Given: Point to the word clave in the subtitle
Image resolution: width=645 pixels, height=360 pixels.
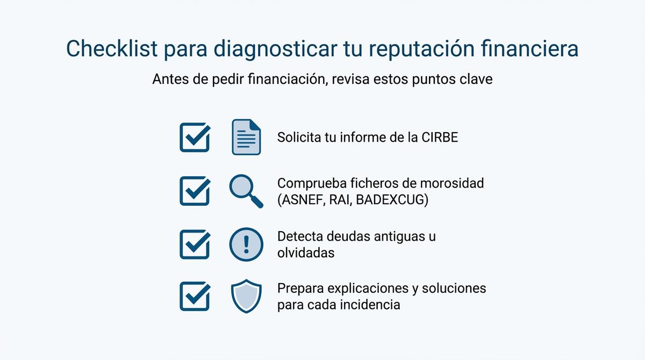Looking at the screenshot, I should (475, 79).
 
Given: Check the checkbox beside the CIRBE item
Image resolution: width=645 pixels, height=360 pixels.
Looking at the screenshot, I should (194, 137).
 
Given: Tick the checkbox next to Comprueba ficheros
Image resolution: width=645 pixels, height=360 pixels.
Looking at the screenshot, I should (194, 191).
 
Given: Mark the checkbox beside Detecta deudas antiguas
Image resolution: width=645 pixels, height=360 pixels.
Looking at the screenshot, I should (194, 244).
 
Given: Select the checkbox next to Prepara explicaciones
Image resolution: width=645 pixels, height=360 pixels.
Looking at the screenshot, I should (194, 296).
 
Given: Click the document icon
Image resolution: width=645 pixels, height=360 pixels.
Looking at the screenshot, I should (246, 137).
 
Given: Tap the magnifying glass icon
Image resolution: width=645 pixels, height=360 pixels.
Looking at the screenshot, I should (246, 191).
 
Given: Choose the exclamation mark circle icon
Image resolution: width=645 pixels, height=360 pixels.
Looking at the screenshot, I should (246, 244).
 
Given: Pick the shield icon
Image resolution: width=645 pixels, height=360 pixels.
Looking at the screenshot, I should (246, 296).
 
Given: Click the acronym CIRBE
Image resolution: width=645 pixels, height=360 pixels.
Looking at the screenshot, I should (440, 137).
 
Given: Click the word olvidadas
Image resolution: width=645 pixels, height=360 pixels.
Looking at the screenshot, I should (305, 253).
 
